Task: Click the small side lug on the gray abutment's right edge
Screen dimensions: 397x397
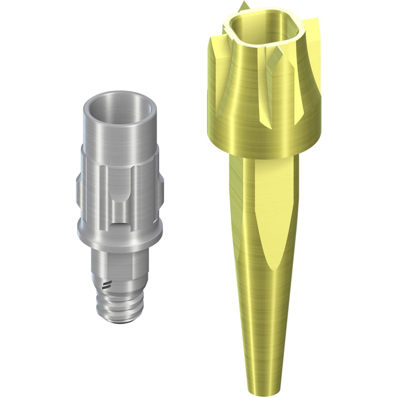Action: click(x=161, y=188)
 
